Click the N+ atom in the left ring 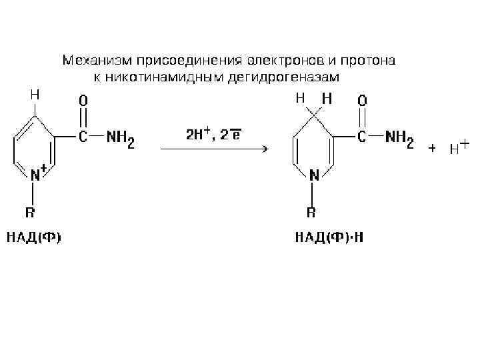tap(37, 175)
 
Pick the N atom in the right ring tap(313, 175)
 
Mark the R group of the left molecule tap(31, 213)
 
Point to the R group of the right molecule tap(311, 213)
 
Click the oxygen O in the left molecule tap(83, 101)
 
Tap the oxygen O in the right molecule tap(362, 101)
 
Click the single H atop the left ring tap(34, 95)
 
